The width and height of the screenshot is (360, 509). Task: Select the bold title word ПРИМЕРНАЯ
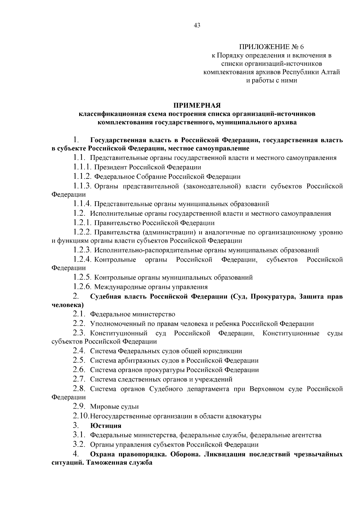pos(197,106)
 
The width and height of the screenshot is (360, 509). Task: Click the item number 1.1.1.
pos(82,167)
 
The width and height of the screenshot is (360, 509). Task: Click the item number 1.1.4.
pos(82,204)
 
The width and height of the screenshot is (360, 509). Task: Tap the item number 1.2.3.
pos(82,250)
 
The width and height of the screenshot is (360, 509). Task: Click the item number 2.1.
pos(79,314)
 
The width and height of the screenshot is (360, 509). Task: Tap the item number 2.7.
pos(79,379)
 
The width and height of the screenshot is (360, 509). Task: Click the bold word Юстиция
pos(106,426)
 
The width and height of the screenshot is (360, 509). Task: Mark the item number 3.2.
pos(79,445)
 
